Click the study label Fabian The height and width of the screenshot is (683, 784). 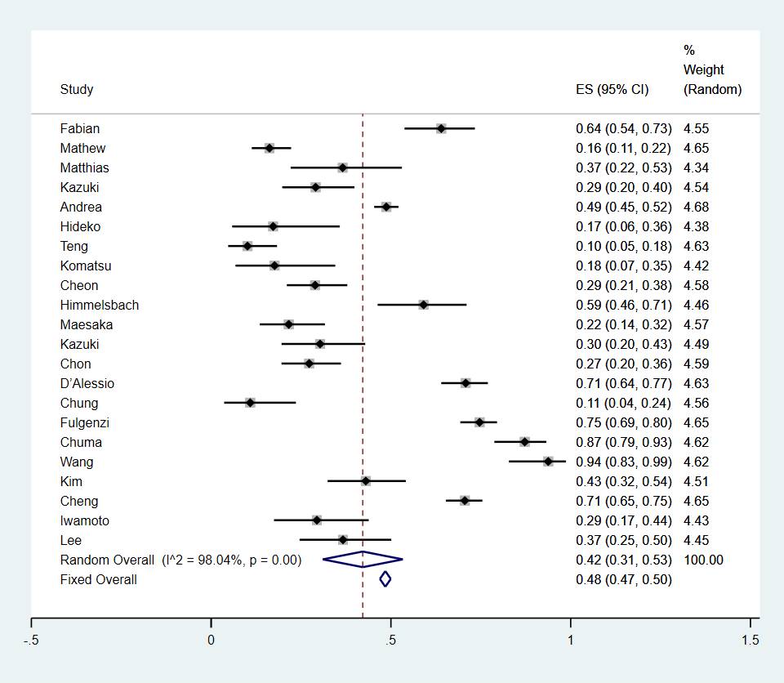[x=80, y=128]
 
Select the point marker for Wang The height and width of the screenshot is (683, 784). [x=548, y=462]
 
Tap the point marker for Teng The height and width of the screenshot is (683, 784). [x=247, y=246]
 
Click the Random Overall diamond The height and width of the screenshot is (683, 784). [x=363, y=560]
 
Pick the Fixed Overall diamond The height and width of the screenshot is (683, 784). [x=385, y=579]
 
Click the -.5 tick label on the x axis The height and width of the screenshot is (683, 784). [x=32, y=641]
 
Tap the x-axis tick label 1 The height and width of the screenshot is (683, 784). [x=570, y=641]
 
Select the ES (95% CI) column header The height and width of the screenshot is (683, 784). [x=612, y=90]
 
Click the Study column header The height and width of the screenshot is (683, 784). [x=77, y=90]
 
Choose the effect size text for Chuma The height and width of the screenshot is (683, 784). [x=623, y=442]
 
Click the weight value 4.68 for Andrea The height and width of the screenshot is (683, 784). [x=696, y=207]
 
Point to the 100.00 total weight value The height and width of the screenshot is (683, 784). [x=703, y=560]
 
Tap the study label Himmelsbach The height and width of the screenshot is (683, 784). [x=100, y=305]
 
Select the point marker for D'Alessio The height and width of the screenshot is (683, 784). [x=465, y=383]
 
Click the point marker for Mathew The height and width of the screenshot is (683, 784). [x=269, y=148]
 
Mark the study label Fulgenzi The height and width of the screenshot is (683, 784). [x=85, y=422]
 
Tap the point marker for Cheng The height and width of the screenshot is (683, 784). [x=465, y=501]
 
